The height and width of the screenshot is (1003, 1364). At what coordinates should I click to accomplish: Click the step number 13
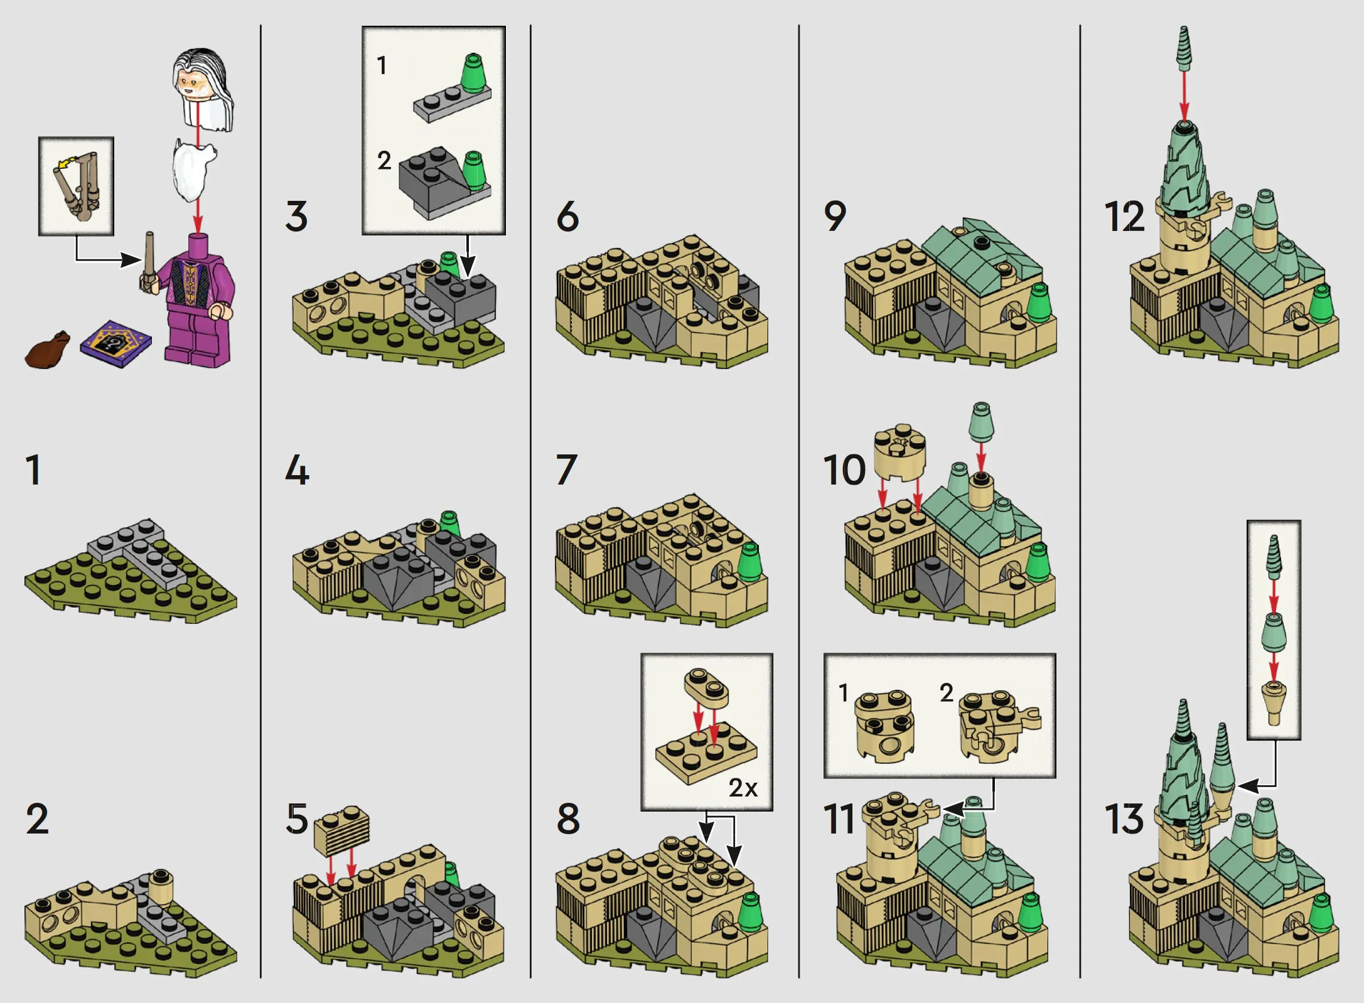[x=1124, y=819]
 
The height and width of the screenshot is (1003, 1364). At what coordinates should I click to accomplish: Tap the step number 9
[x=835, y=217]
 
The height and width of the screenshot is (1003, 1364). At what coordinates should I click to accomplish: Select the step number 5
[x=297, y=819]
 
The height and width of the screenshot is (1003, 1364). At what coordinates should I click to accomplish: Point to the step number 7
[x=566, y=470]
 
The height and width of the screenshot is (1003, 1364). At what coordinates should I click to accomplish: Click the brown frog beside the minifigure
[x=48, y=349]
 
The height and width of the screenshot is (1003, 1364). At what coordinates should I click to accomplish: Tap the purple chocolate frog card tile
[x=116, y=344]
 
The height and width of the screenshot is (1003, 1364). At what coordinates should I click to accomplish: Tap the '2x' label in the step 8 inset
[x=743, y=788]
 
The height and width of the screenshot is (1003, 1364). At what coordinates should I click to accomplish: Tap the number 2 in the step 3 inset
[x=384, y=161]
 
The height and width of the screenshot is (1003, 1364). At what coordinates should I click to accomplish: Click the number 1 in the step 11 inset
[x=844, y=693]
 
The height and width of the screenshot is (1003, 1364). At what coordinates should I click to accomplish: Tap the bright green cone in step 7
[x=749, y=562]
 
